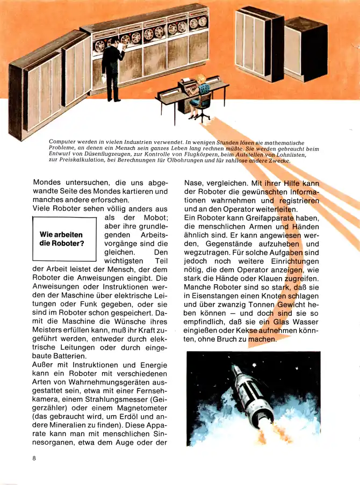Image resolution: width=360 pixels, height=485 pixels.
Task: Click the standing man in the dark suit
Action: pyautogui.click(x=113, y=67)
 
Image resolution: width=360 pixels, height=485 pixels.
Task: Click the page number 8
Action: pyautogui.click(x=34, y=458)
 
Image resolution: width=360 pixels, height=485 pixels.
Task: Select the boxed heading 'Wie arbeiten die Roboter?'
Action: pyautogui.click(x=62, y=239)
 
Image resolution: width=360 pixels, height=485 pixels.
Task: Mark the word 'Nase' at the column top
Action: pyautogui.click(x=192, y=182)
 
